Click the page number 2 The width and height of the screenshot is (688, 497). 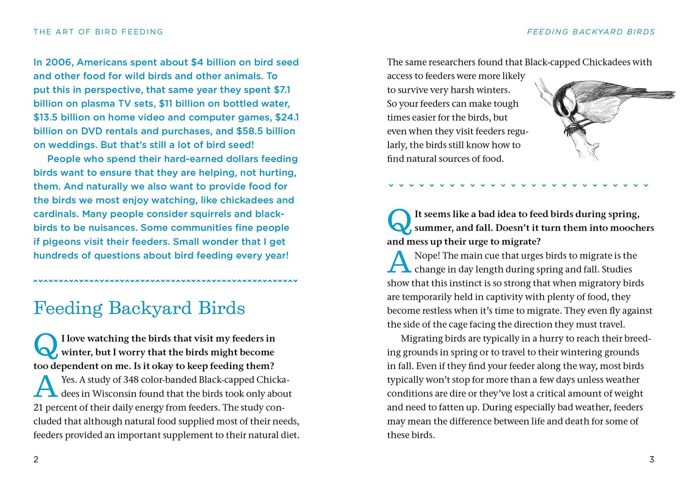36,459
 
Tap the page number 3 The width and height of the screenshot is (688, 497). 651,459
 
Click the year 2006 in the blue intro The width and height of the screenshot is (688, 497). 59,62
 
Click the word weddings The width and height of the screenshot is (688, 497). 72,145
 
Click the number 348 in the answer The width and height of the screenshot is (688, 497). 131,380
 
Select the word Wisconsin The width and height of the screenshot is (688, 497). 115,394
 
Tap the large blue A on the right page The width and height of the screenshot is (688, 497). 399,262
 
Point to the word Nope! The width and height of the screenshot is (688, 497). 427,256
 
